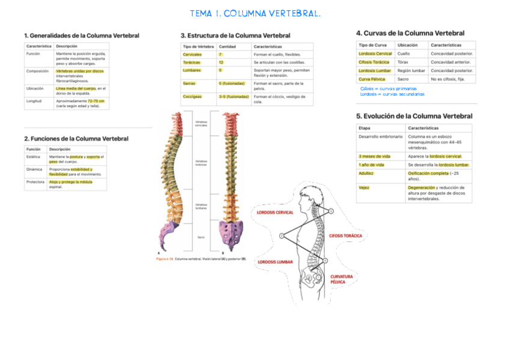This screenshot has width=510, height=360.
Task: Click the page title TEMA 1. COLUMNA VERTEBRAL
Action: [x=255, y=13]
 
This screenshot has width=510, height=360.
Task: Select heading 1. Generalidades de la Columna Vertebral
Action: [x=81, y=35]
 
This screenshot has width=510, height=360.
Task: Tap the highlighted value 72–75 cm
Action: [x=96, y=101]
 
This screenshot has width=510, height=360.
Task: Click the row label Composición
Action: [x=37, y=71]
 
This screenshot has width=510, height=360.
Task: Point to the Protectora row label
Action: [x=35, y=182]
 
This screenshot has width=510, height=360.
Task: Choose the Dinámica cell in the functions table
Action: [x=34, y=169]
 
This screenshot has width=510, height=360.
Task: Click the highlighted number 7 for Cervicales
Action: [x=221, y=54]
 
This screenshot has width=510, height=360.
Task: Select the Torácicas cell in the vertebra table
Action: [x=192, y=62]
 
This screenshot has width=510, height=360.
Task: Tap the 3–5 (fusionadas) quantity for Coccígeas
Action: [x=233, y=96]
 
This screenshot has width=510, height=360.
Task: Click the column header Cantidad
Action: [x=227, y=46]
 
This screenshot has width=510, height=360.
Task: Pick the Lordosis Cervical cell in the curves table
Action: [x=375, y=53]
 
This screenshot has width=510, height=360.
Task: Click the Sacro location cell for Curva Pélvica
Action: [x=403, y=79]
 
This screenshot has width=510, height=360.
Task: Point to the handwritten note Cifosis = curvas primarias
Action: [x=388, y=88]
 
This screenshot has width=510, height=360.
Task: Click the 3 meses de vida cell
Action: [x=374, y=156]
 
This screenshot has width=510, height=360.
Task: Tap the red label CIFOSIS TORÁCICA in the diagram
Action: [x=345, y=236]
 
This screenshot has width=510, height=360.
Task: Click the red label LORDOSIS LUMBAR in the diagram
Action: [x=275, y=262]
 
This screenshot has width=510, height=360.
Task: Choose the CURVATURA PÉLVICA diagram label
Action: [x=342, y=279]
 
